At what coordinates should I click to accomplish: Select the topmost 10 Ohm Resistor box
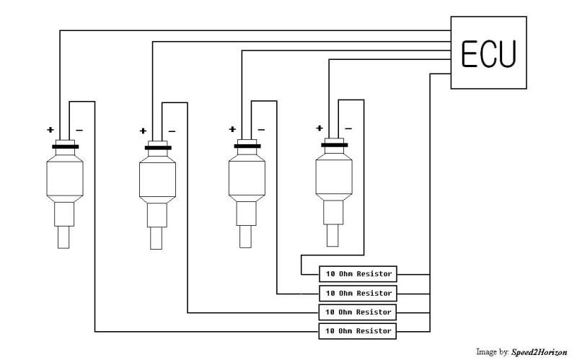pos(358,273)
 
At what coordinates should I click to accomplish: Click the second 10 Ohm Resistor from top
pos(358,294)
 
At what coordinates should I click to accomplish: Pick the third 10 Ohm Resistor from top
pos(358,312)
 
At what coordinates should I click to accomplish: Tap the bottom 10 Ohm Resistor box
pos(358,331)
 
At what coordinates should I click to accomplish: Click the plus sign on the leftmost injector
pos(50,130)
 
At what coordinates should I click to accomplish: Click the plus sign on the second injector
pos(143,131)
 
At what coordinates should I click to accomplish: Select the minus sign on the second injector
pos(172,131)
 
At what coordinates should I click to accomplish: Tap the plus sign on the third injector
pos(232,130)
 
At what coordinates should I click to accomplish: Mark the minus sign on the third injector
pos(261,131)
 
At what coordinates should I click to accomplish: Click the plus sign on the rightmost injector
pos(320,128)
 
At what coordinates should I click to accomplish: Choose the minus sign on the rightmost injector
pos(348,129)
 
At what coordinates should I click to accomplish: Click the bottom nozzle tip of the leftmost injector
pos(64,238)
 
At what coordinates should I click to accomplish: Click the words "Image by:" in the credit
pos(492,352)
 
